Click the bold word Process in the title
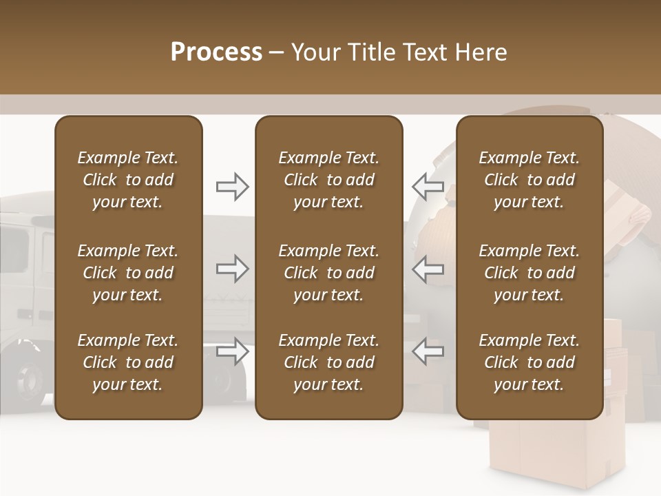click(216, 52)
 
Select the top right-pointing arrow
click(232, 187)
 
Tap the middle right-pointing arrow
click(232, 269)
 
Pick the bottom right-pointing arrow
click(232, 351)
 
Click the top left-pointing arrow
click(428, 187)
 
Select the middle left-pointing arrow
click(428, 269)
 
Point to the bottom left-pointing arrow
click(428, 351)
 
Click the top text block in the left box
click(127, 180)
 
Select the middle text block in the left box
click(127, 273)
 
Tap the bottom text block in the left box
click(127, 362)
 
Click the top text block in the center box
click(328, 180)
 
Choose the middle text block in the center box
click(328, 273)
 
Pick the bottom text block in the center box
click(328, 362)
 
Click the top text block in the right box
click(529, 180)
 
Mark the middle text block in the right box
click(529, 273)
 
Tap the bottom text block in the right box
click(529, 362)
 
